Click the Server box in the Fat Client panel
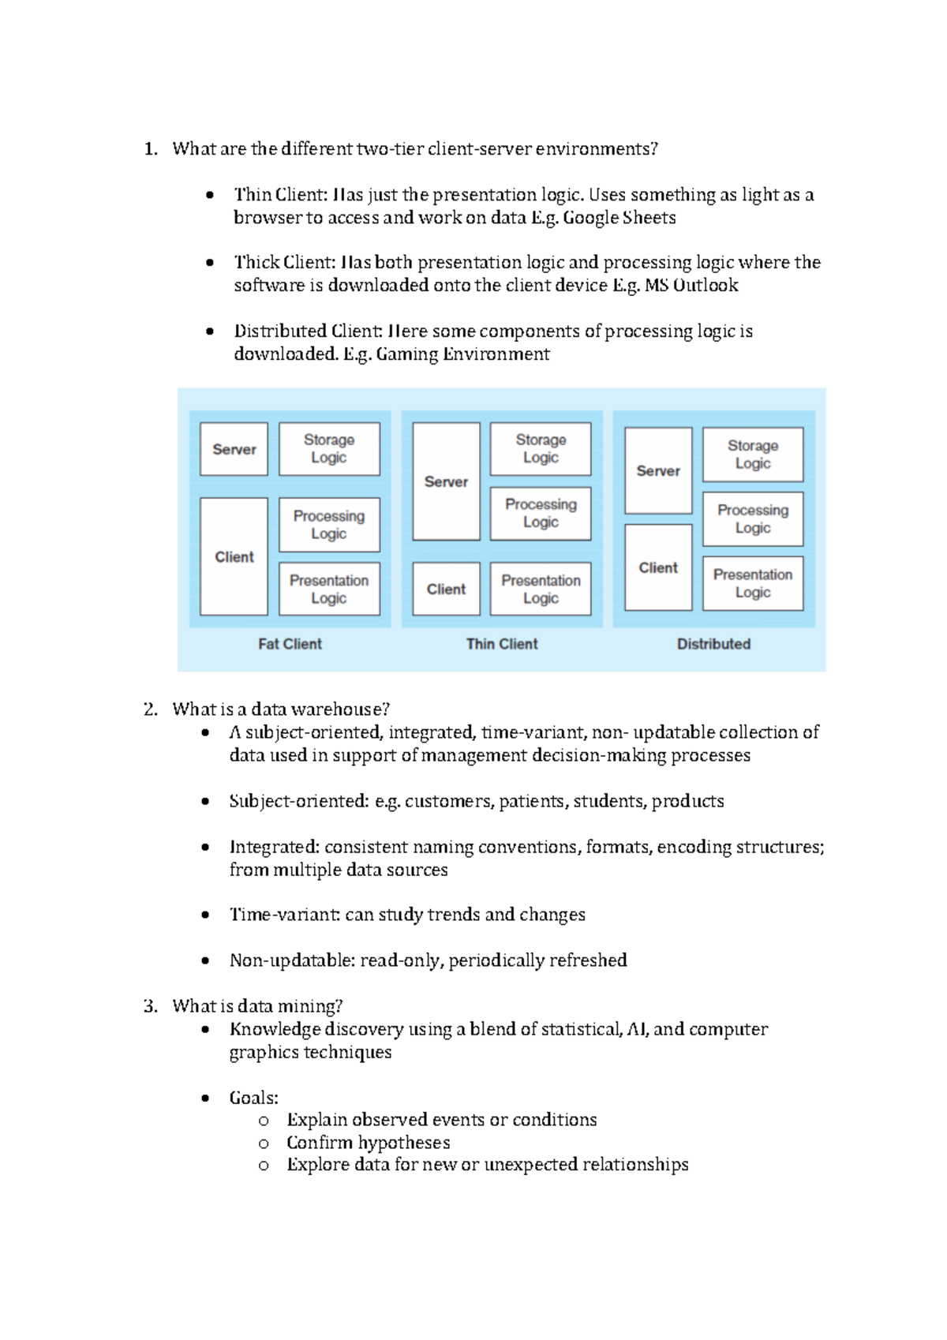click(234, 449)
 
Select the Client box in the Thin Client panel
click(446, 589)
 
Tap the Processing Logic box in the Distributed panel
click(752, 519)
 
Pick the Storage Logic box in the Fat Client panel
click(329, 449)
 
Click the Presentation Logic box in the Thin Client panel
click(540, 589)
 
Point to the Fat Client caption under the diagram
click(290, 644)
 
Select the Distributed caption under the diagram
click(713, 644)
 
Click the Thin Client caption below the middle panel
click(501, 644)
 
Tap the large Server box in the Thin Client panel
click(446, 481)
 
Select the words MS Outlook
click(691, 286)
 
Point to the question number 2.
click(150, 709)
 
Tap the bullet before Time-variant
click(205, 915)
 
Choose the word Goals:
click(253, 1098)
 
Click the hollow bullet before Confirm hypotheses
click(264, 1143)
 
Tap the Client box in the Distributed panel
click(658, 567)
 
